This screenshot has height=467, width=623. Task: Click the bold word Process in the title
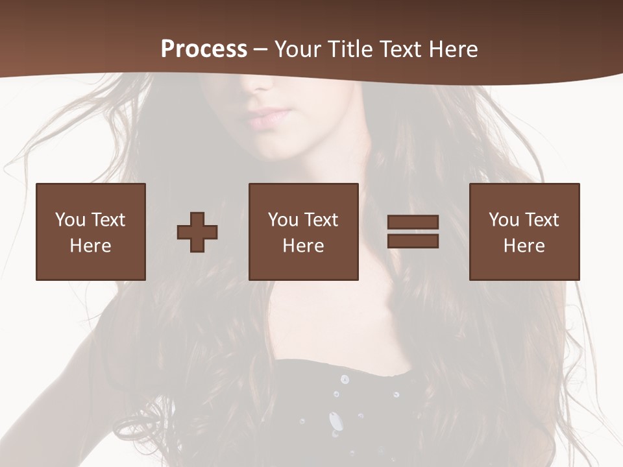tap(204, 49)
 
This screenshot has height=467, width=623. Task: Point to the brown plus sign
tap(197, 232)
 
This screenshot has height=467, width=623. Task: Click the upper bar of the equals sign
tap(413, 222)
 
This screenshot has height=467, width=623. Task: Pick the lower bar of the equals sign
tap(413, 241)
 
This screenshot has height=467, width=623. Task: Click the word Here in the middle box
tap(303, 246)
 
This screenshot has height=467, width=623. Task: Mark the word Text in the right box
tap(543, 220)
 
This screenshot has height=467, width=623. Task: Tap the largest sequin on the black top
tap(336, 422)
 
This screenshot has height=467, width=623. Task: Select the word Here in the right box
tap(524, 246)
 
